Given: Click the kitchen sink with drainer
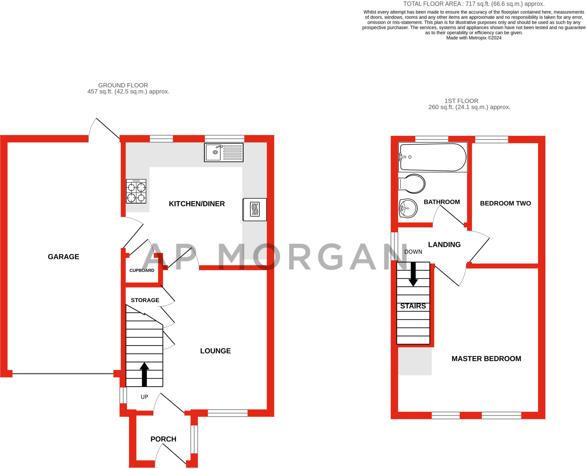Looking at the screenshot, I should click(224, 152).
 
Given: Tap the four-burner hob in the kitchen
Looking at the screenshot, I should click(136, 191).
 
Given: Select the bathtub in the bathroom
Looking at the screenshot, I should click(433, 157).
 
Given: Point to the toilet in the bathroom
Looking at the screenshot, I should click(412, 184).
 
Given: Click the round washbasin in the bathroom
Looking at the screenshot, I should click(408, 208).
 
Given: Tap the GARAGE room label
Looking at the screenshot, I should click(63, 257).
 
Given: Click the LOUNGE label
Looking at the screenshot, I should click(215, 351).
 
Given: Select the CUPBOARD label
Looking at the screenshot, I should click(142, 270).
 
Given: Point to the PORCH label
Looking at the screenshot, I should click(163, 439).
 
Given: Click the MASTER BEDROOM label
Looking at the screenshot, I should click(486, 358).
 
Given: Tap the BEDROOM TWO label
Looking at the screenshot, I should click(505, 203).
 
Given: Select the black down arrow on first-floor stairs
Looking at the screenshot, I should click(413, 274).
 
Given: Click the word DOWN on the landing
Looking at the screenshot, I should click(413, 252).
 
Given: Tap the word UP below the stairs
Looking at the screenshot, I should click(144, 397).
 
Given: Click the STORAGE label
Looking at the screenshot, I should click(145, 300).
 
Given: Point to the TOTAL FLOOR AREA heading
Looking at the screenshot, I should click(473, 4).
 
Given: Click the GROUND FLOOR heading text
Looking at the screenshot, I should click(123, 85).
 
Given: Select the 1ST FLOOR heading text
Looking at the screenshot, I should click(461, 101).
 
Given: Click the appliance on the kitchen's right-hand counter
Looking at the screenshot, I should click(255, 210).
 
